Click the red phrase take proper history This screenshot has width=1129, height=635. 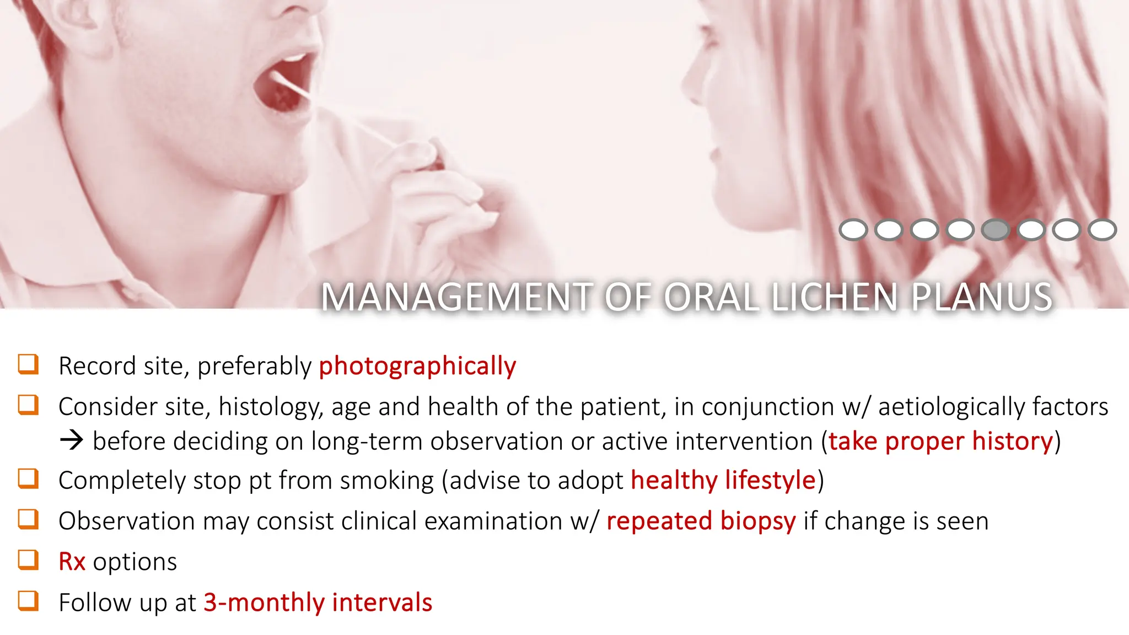[940, 442]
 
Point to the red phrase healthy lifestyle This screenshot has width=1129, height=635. [723, 481]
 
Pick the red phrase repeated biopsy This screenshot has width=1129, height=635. [701, 521]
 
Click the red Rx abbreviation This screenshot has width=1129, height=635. [72, 562]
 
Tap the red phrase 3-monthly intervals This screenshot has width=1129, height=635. [318, 602]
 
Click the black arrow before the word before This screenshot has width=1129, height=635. [72, 440]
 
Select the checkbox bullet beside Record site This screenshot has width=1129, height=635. [28, 364]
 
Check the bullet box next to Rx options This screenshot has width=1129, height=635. [28, 559]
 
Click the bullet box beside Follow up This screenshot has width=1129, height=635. [28, 600]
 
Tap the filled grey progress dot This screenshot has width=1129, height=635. [995, 230]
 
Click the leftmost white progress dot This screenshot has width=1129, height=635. [853, 230]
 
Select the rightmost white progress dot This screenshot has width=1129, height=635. [1102, 230]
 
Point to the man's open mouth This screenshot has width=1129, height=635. [284, 83]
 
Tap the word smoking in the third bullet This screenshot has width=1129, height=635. [386, 481]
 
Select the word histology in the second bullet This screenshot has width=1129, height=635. [270, 407]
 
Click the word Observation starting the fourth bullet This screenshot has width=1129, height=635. [126, 521]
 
